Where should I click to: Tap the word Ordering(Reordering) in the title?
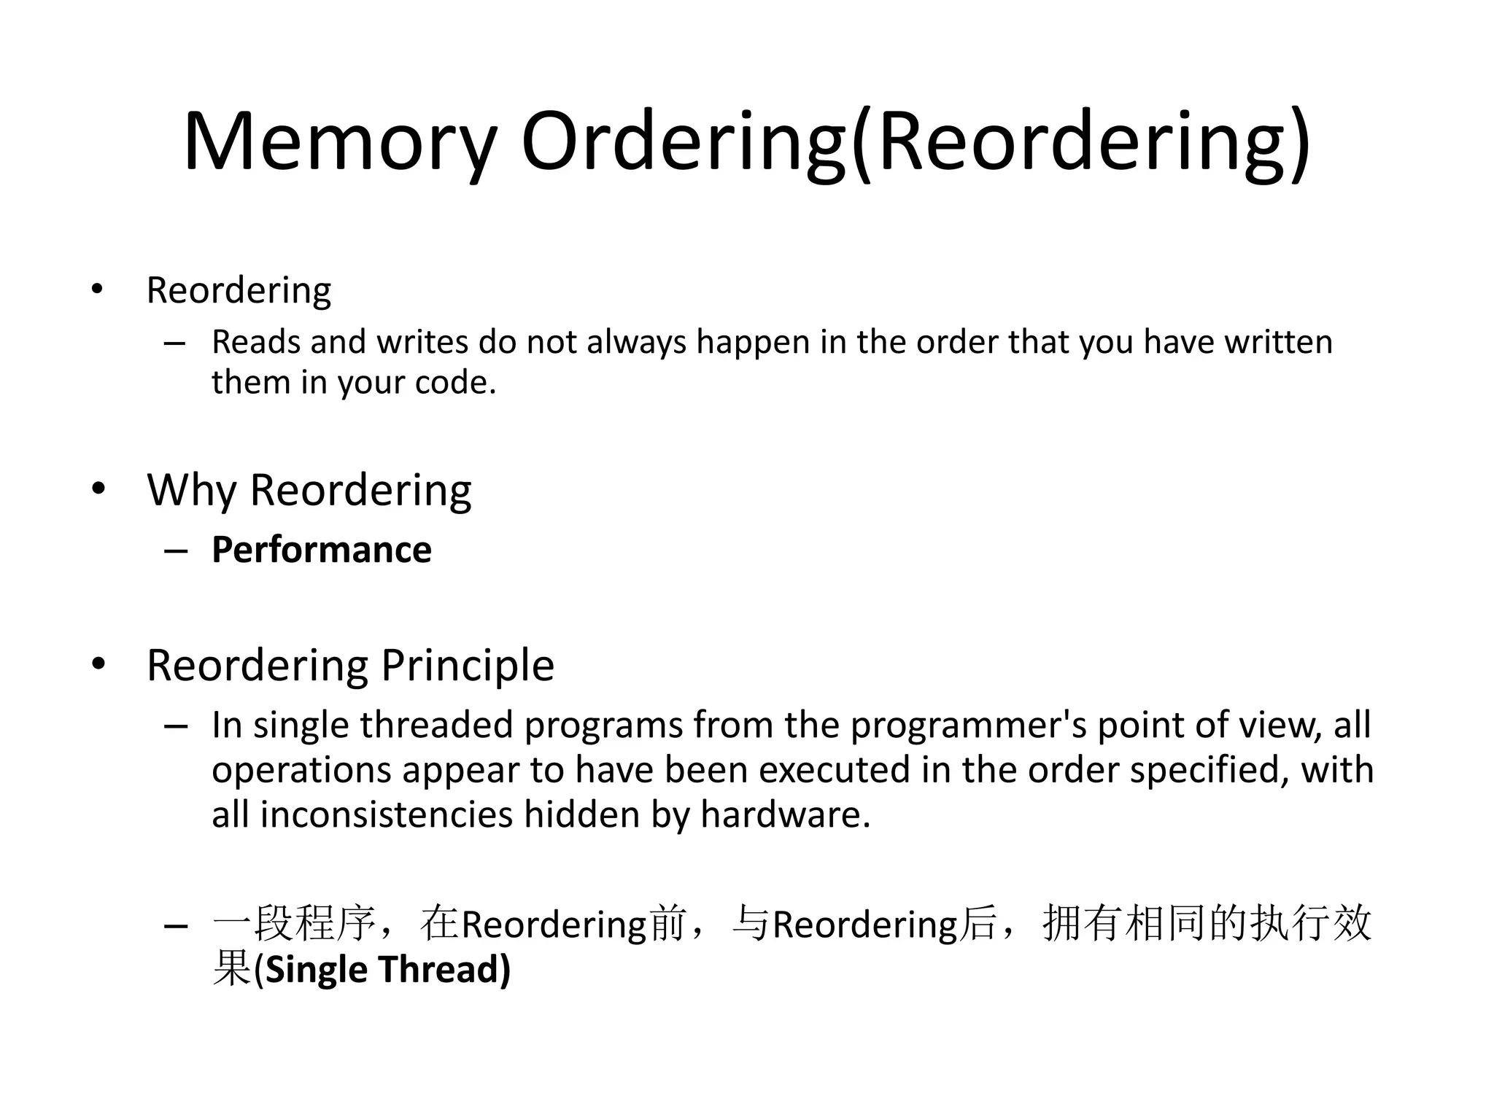pos(915,142)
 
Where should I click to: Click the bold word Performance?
pos(322,550)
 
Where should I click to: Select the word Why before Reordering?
pos(191,490)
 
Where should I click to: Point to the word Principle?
pos(467,665)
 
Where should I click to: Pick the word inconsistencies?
pos(386,814)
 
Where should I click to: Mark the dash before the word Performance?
pos(176,551)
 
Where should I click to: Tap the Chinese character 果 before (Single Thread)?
pos(231,970)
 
